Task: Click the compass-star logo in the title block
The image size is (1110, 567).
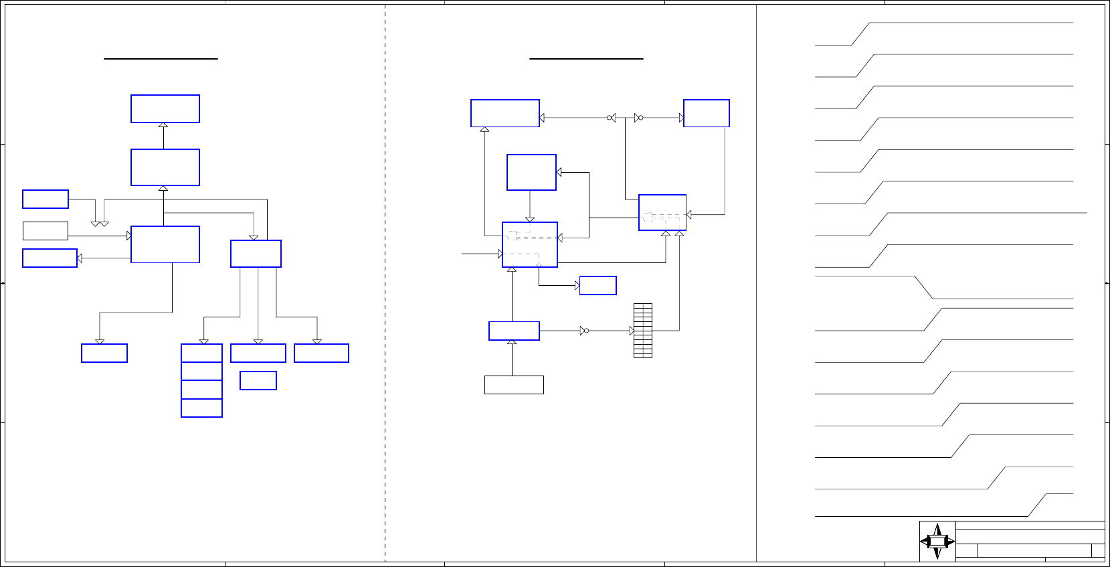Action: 937,542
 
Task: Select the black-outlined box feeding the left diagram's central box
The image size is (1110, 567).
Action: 45,231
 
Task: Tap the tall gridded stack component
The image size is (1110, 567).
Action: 643,331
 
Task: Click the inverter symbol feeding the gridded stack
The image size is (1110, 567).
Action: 584,331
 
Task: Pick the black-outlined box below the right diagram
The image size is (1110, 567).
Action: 514,385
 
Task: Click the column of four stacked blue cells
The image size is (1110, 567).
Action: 201,380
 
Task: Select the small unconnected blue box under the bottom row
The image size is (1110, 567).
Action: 258,380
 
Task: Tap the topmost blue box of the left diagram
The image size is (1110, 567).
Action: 165,108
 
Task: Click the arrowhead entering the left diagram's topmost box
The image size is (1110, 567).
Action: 163,125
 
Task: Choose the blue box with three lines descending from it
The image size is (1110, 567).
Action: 256,254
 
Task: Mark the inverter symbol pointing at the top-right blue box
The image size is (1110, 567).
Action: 638,118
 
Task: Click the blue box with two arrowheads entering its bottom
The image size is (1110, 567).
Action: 662,213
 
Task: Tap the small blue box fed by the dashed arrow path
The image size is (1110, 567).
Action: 597,285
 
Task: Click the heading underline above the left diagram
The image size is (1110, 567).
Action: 161,59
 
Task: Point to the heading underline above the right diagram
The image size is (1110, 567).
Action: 586,59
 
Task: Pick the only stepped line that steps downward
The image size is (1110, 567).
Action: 923,288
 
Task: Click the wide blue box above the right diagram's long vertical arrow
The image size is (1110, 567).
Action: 505,113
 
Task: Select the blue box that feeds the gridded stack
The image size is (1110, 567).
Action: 514,331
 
